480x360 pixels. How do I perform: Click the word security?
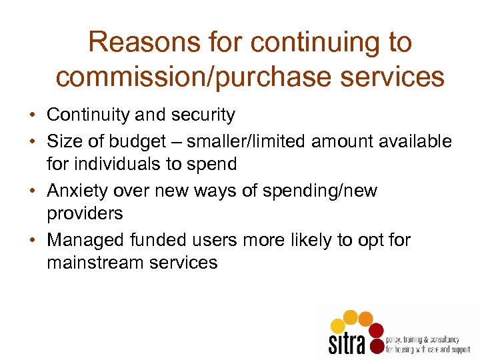click(x=202, y=115)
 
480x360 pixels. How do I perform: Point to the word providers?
click(x=85, y=213)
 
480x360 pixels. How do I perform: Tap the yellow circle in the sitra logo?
click(x=338, y=325)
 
